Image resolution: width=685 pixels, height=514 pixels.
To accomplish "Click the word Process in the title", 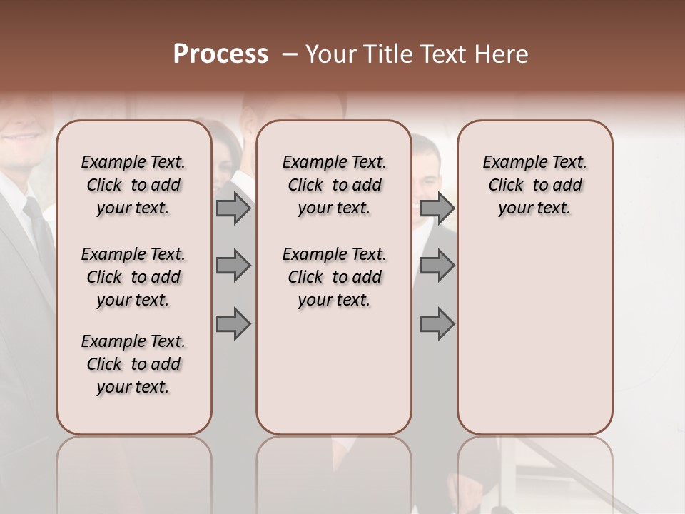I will (x=220, y=54).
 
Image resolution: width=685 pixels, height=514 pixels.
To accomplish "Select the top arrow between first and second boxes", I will (x=233, y=208).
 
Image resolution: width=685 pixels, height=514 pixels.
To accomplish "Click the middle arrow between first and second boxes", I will (x=233, y=266).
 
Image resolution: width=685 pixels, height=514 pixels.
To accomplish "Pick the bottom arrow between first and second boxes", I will (x=233, y=324).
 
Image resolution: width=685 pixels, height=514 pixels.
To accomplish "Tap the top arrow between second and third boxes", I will (x=437, y=208).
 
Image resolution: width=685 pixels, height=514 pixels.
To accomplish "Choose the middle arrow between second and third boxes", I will (x=437, y=266).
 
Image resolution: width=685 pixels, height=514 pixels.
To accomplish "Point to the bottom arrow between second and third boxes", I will (x=437, y=324).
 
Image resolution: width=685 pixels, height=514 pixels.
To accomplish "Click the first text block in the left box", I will (x=133, y=185).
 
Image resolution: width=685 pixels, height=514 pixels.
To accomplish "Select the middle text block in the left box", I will (x=133, y=277).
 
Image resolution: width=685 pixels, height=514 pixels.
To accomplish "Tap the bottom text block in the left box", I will (x=133, y=364).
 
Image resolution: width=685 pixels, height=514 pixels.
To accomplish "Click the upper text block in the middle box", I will (x=334, y=185).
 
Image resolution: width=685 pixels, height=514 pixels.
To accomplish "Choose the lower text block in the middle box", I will (x=334, y=277).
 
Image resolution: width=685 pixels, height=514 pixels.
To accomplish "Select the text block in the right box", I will (x=534, y=185).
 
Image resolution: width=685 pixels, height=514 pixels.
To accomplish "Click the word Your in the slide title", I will (x=332, y=54).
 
